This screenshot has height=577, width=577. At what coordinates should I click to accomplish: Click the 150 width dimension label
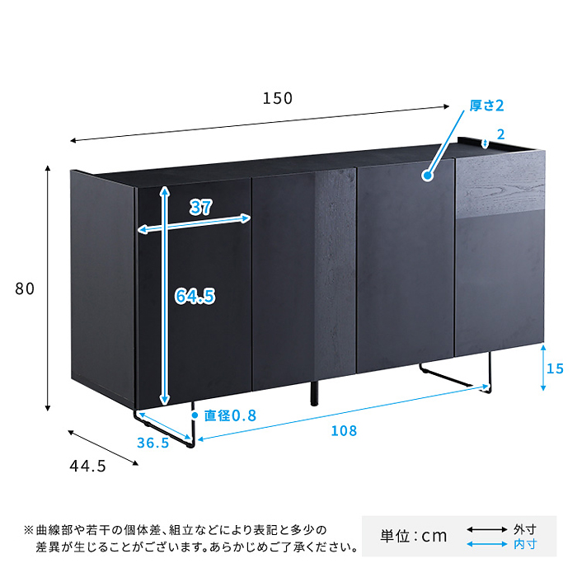278,98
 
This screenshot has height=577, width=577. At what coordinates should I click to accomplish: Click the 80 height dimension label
25,288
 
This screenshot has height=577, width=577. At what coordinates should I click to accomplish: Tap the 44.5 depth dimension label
87,467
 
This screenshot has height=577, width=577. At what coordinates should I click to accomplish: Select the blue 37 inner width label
200,207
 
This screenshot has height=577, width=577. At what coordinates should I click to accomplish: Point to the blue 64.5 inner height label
195,296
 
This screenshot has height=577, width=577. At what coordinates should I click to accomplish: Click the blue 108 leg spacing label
344,431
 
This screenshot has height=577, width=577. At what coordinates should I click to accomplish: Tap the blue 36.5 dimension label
152,443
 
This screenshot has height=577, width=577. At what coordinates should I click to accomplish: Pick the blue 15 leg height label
555,368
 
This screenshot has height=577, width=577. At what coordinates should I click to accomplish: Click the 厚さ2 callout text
486,106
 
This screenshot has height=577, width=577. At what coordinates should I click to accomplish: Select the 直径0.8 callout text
230,415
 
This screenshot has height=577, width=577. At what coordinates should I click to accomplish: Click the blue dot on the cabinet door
427,176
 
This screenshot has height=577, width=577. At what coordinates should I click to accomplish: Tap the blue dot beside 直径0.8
195,415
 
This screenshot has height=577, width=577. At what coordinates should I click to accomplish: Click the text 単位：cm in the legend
414,536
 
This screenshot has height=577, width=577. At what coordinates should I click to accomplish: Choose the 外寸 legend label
525,529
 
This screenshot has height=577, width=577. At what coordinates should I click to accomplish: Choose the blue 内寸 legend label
525,544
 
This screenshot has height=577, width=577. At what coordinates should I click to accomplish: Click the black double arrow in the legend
487,529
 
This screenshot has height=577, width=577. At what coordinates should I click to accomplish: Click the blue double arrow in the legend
487,544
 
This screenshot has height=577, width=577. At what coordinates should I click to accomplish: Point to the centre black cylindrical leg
314,393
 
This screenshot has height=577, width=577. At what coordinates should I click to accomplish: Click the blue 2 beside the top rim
500,134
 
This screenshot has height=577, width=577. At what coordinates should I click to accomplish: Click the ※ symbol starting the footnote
29,530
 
